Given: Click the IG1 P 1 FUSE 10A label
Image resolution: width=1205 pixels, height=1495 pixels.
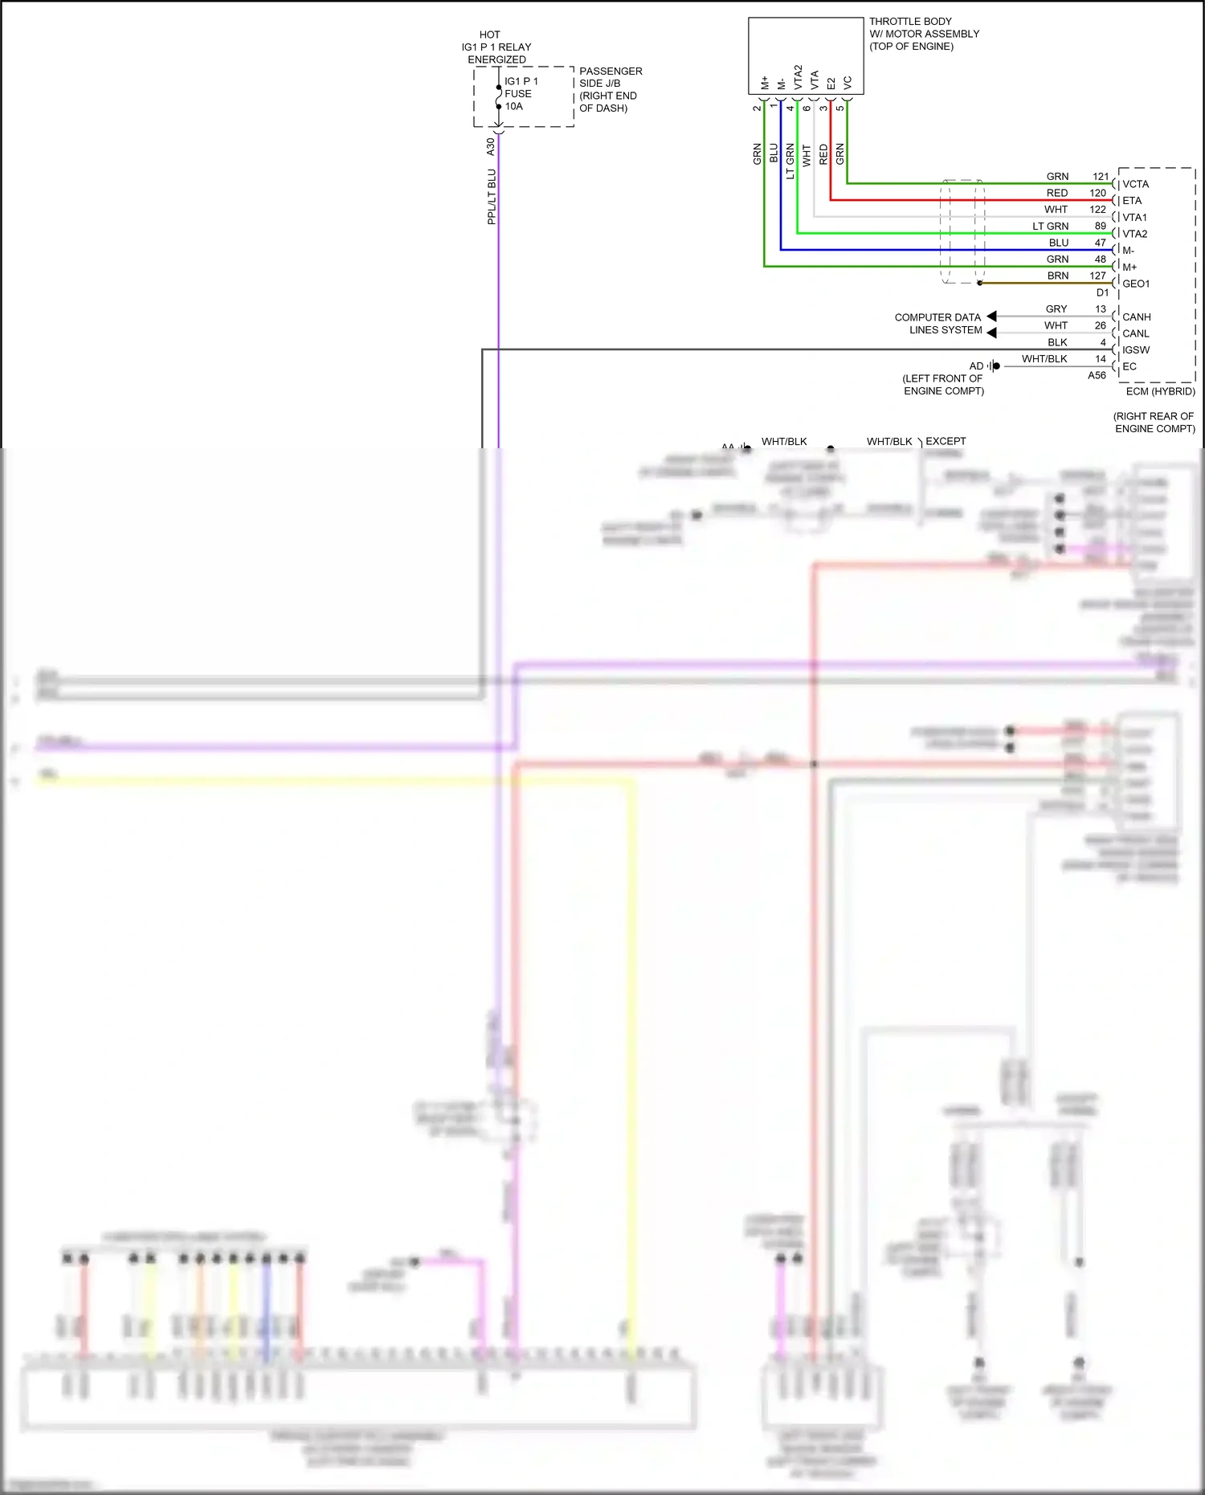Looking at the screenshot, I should pos(521,93).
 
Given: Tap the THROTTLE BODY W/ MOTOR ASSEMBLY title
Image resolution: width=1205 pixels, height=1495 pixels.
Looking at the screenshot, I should pos(923,34).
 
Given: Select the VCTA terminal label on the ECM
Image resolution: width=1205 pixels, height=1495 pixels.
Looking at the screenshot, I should pos(1135,184).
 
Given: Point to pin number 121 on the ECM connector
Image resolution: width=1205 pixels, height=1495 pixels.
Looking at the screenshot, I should pos(1101,176).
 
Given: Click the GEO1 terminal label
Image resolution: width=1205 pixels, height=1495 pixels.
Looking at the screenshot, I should pos(1136,284).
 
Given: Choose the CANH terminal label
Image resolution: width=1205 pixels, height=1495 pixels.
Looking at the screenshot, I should pos(1136,317).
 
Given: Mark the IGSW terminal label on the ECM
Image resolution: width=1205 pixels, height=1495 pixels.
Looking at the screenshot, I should pos(1136,350).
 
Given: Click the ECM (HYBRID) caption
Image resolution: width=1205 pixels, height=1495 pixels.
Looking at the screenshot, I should pos(1160,391).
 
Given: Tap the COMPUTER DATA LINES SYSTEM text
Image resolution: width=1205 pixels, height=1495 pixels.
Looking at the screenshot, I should pos(938,324).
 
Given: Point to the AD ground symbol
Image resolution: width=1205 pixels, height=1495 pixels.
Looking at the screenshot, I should pos(994,366).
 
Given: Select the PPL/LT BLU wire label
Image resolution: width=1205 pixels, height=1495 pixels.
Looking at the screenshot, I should pos(492,197).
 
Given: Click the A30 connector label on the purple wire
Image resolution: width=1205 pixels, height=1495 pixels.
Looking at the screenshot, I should pos(490,147).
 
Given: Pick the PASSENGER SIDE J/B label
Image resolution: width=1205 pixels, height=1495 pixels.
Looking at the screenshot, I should pos(610,89).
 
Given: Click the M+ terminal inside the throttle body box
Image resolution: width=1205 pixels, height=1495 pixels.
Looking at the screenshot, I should pos(764,83).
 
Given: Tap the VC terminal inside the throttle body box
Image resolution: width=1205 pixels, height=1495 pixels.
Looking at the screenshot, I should pos(848,83).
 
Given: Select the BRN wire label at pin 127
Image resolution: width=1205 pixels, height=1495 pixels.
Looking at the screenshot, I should pos(1057,276).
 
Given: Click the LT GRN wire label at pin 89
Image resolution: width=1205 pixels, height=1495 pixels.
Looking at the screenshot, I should pos(1050,227).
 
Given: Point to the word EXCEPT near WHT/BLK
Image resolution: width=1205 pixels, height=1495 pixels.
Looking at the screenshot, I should pos(946,441).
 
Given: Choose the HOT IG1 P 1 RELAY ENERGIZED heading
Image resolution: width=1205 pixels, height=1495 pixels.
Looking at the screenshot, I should pos(496,47).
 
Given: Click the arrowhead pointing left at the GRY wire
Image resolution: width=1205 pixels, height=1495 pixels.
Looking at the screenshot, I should pos(991,316).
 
